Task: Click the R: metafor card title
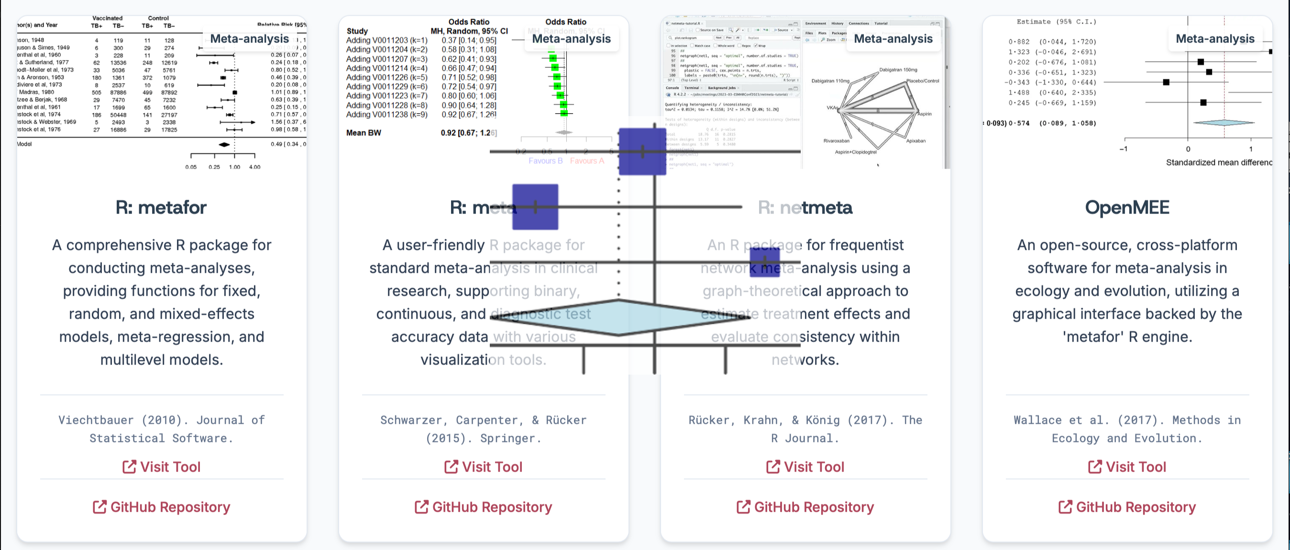[161, 207]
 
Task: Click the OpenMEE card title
[1127, 207]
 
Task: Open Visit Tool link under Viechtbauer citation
[161, 466]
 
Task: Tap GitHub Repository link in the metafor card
[161, 507]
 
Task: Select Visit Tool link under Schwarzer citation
[483, 466]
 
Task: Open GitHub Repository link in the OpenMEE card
[1127, 507]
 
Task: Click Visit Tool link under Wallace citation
[1127, 466]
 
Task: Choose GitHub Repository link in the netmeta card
[805, 507]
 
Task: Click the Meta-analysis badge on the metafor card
[249, 39]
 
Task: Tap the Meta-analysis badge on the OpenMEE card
[1215, 39]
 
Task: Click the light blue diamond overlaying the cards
[619, 317]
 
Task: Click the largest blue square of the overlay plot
[642, 151]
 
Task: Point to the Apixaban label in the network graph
[915, 140]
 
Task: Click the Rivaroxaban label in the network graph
[836, 140]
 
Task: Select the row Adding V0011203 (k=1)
[386, 40]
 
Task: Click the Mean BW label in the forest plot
[364, 133]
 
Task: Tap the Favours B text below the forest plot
[545, 161]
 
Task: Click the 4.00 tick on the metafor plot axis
[254, 167]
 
